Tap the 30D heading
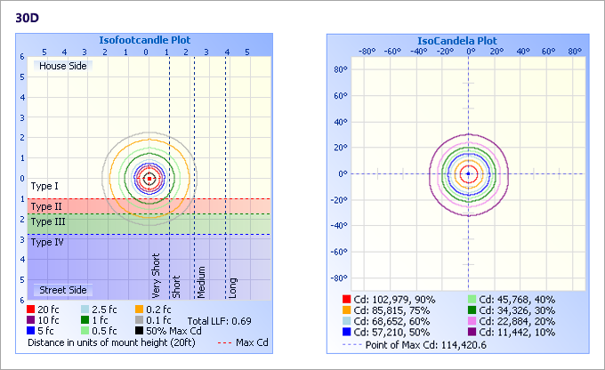pos(28,17)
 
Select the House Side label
pos(62,66)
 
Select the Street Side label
pos(62,290)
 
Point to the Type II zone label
pos(46,205)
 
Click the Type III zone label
pos(48,221)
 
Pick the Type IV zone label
pos(47,241)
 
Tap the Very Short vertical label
pos(157,276)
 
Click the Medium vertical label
pos(202,281)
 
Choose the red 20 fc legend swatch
pos(32,309)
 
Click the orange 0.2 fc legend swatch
pos(139,309)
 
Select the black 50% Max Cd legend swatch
pos(139,330)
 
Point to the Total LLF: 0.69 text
pos(219,319)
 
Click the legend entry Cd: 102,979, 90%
pos(387,299)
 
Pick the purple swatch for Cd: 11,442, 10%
pos(472,331)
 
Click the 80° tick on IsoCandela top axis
pos(575,51)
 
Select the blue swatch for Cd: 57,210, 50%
pos(346,331)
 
